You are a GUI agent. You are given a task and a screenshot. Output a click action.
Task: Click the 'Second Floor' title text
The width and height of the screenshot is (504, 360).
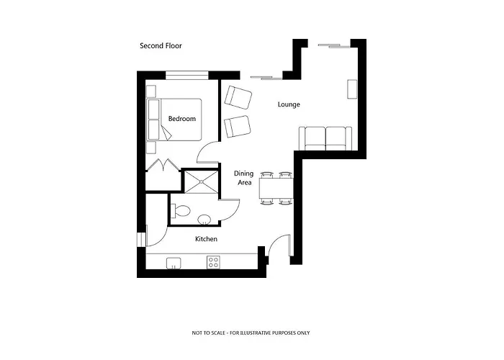coord(161,46)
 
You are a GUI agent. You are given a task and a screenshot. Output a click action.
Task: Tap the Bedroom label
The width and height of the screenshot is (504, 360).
coord(181,119)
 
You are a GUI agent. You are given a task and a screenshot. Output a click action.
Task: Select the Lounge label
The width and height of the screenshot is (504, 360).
coord(289,105)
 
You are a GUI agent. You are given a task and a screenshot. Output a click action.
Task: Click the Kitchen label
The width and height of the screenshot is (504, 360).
coord(206,239)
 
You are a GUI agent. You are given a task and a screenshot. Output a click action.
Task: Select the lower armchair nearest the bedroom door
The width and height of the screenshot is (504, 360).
coord(237,126)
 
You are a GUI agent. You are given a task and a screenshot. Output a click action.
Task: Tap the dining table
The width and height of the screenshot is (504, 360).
coord(276,189)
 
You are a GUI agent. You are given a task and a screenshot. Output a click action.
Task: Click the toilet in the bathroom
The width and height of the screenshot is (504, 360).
coord(180,212)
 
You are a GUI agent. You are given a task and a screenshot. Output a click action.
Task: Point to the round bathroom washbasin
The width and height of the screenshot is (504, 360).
coord(204,220)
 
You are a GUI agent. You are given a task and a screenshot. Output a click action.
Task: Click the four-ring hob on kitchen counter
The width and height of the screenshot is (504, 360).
coord(213,262)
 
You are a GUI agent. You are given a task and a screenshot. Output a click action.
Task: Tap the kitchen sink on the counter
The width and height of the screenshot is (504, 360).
coord(174,263)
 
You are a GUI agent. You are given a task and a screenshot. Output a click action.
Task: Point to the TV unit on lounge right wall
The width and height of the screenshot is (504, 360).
coord(352,89)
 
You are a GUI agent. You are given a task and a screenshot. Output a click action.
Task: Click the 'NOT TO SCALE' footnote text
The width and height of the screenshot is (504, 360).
coord(251,333)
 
